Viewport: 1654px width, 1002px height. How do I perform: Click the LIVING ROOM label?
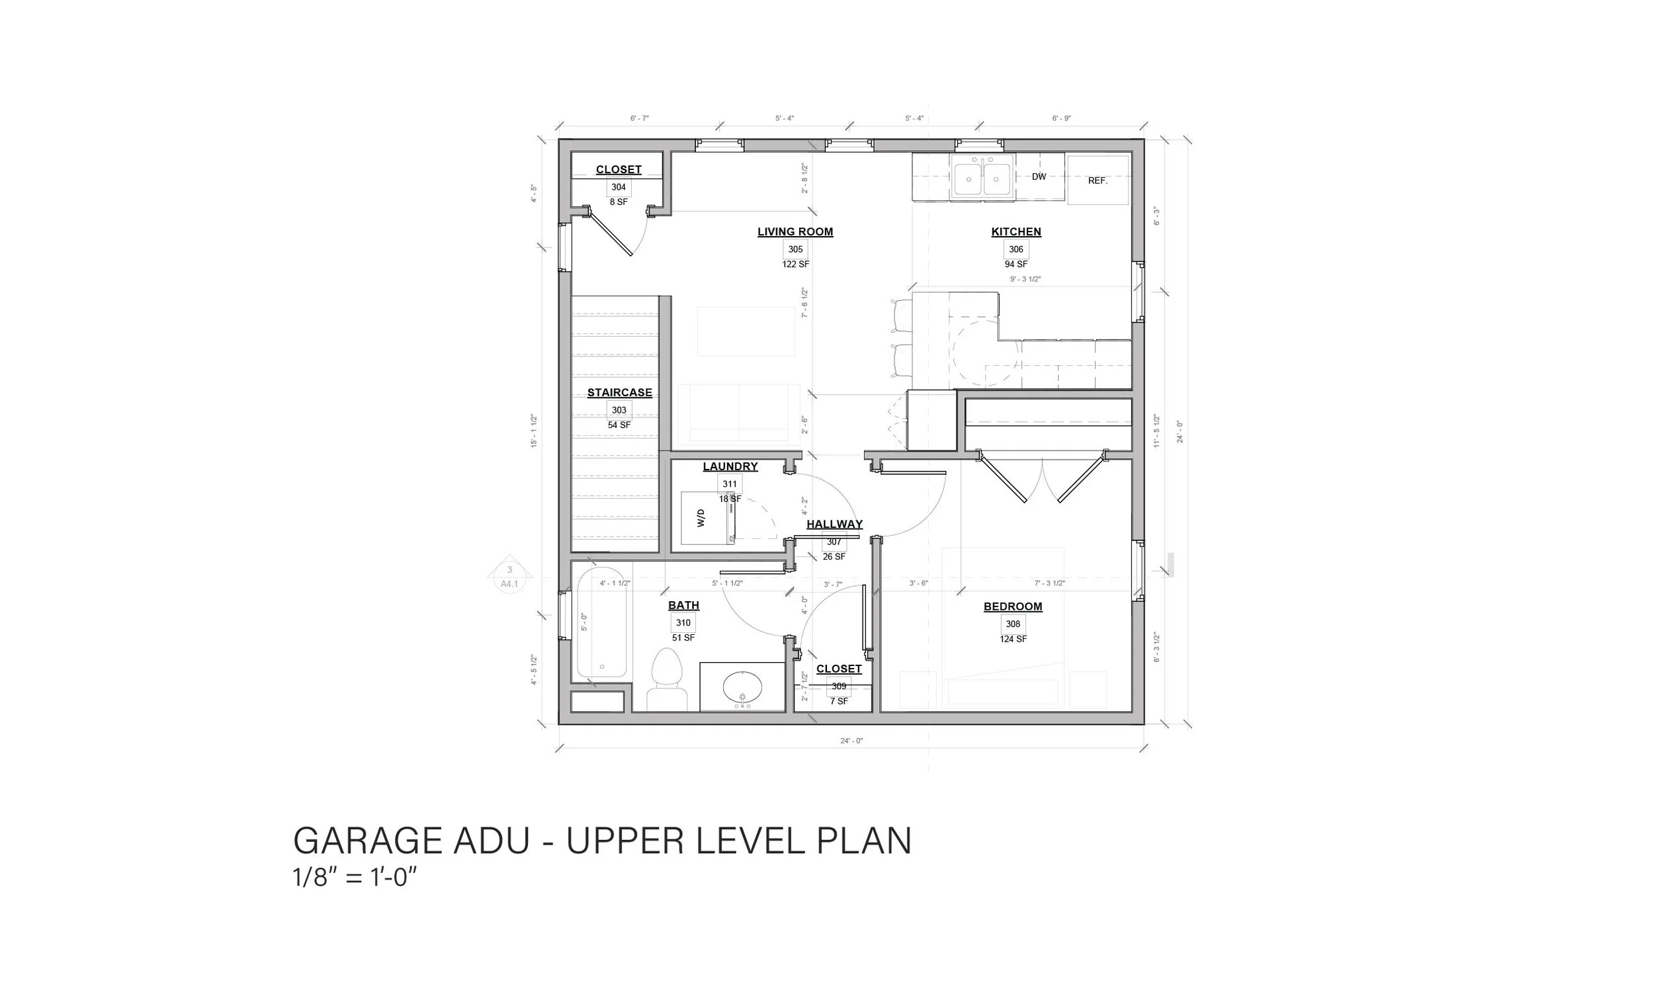[x=795, y=231]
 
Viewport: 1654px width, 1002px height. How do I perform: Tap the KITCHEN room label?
[x=1016, y=231]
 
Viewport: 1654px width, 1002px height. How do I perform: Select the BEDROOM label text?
[x=1012, y=606]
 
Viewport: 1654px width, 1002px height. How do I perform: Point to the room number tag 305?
[x=795, y=249]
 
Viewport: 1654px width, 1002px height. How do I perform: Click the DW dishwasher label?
[x=1039, y=177]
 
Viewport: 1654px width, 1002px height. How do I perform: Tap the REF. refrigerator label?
[x=1098, y=181]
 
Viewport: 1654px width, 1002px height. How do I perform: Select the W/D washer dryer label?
[x=701, y=517]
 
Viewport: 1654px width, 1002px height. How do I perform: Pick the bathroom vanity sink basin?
[x=742, y=687]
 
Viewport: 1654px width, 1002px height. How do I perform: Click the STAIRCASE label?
[x=619, y=393]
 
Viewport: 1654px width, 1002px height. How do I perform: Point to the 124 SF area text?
[x=1012, y=639]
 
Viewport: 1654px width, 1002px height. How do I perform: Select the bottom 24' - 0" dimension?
[x=851, y=741]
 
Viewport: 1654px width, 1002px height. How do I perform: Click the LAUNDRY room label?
[x=730, y=466]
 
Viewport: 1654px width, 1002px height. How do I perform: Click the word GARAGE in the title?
[x=370, y=840]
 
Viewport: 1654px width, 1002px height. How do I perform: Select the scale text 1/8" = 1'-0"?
[x=355, y=877]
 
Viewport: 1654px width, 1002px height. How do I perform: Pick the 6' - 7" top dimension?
[x=639, y=118]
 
